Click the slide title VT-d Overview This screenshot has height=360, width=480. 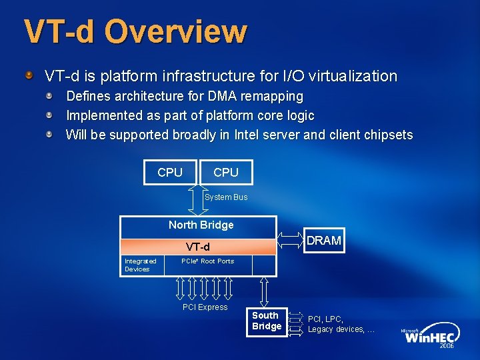pos(135,31)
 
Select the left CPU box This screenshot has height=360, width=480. pos(170,172)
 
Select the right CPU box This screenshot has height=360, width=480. pos(226,172)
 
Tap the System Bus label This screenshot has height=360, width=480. pos(226,197)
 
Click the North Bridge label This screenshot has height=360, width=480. pos(201,225)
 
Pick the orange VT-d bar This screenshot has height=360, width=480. pos(197,247)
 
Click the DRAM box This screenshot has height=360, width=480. pos(323,240)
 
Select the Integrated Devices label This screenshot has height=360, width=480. pos(140,265)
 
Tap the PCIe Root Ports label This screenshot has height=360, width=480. pos(207,261)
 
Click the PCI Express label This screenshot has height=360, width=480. pos(205,307)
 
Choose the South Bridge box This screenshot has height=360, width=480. pos(266,321)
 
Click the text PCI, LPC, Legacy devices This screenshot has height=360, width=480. pos(341,324)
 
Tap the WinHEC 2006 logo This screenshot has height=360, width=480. pos(428,337)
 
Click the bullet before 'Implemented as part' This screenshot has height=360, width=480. pos(50,115)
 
